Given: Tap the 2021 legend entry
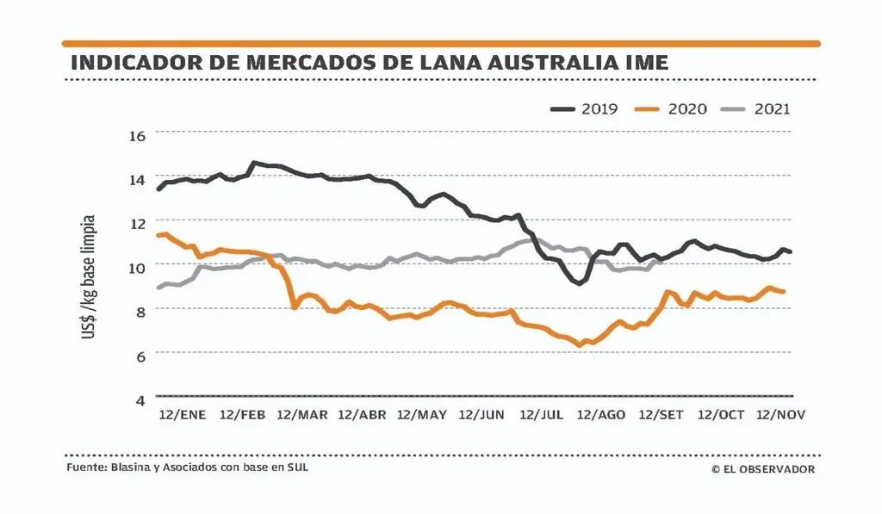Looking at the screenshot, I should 758,109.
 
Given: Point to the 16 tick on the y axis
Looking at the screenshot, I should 139,134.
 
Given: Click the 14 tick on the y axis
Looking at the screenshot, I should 139,179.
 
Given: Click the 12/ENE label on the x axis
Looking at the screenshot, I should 183,415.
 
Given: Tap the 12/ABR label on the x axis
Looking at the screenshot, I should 362,415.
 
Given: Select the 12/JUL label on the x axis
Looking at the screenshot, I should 541,415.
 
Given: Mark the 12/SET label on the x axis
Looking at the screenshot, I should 661,415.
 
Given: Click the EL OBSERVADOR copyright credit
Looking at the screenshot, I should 763,469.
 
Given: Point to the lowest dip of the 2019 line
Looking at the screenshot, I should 578,282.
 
